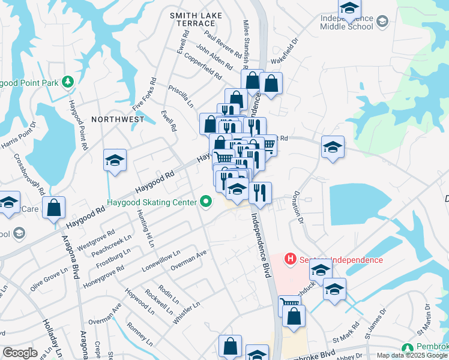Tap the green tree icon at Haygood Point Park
coord(68,81)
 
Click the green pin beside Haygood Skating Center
coord(206,202)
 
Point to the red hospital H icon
coord(291,259)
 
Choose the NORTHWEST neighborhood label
coord(118,119)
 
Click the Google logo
coord(20,353)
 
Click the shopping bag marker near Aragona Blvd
coord(54,209)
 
